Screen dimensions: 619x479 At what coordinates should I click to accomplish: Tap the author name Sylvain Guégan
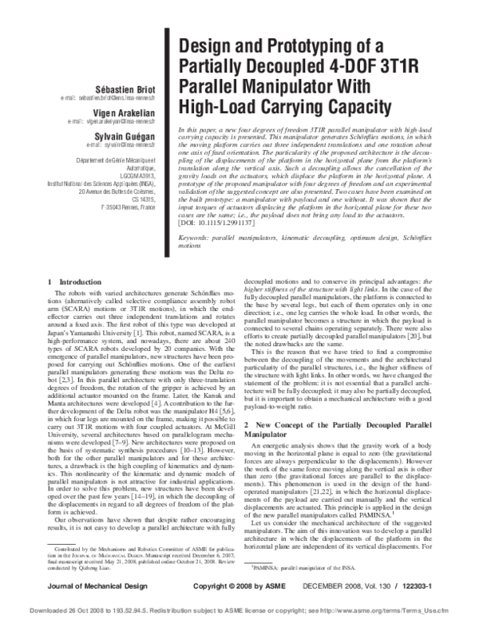[x=127, y=136]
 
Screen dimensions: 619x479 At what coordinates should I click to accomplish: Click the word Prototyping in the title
[x=284, y=47]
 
